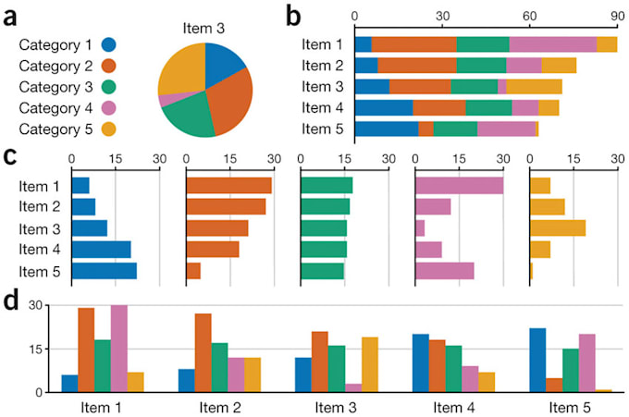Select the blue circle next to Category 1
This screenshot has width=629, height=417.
tap(109, 44)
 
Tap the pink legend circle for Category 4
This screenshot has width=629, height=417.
tap(109, 108)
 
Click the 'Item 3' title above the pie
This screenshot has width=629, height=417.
tap(204, 29)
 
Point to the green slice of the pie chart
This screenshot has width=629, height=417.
tap(189, 116)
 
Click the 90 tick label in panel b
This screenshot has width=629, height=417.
tap(616, 17)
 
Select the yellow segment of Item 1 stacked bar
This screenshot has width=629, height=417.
tap(606, 44)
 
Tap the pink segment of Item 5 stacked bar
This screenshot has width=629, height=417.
tap(506, 129)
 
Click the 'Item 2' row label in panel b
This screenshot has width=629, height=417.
tap(323, 66)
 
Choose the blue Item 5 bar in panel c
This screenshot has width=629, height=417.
tap(104, 271)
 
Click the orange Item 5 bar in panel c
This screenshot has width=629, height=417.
tap(193, 271)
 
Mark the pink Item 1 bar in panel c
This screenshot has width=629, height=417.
tap(459, 186)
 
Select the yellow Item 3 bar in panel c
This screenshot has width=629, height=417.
tap(557, 228)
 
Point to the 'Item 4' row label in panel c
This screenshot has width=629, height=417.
tap(38, 250)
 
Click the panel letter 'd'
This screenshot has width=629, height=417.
tap(12, 301)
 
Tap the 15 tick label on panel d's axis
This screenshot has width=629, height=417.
tap(37, 349)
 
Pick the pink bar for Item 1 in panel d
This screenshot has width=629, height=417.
tap(118, 349)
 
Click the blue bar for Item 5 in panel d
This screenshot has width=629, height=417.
tap(537, 360)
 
